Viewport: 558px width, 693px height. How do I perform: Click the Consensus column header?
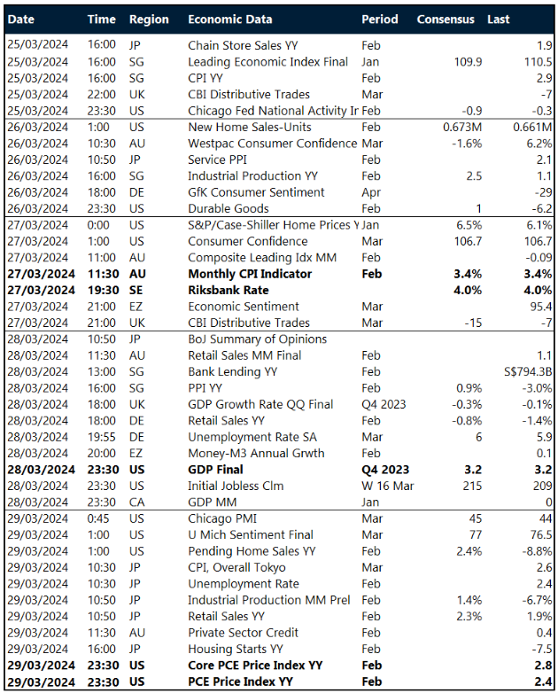[445, 19]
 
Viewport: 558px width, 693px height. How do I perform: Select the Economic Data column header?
[230, 19]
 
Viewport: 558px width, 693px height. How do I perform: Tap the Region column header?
[149, 19]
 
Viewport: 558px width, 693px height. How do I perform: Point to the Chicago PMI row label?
[221, 518]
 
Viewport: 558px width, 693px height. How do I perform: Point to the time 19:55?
[102, 437]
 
